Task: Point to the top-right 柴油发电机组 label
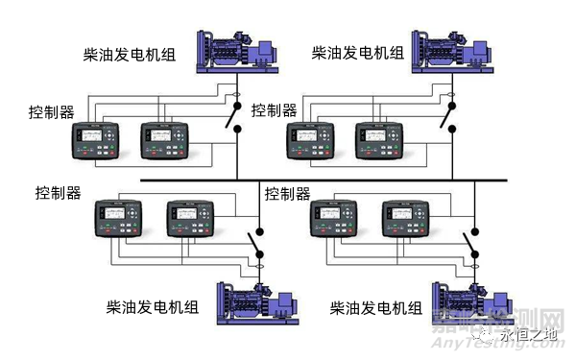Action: tap(357, 52)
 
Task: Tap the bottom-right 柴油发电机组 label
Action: tap(376, 308)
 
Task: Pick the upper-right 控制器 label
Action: tap(275, 111)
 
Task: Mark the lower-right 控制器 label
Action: tap(288, 194)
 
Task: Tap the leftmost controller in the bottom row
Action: tap(119, 217)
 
